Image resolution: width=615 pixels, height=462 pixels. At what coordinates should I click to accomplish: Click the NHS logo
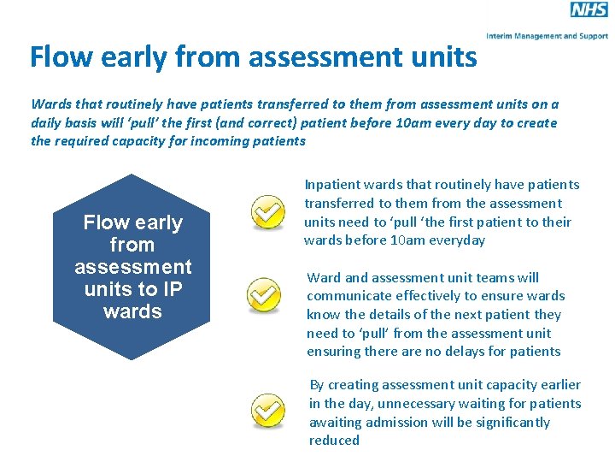click(x=589, y=10)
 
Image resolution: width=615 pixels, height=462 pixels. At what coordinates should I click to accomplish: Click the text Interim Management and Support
click(x=547, y=36)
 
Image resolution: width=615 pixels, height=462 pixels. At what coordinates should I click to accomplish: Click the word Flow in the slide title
click(x=59, y=57)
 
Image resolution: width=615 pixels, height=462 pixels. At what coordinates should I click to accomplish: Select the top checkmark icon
click(x=268, y=212)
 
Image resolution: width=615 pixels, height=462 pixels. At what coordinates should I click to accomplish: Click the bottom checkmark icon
click(x=268, y=411)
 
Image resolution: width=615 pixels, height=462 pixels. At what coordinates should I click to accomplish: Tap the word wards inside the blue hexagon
click(x=132, y=311)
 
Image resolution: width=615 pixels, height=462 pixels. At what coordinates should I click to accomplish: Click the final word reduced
click(x=334, y=441)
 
